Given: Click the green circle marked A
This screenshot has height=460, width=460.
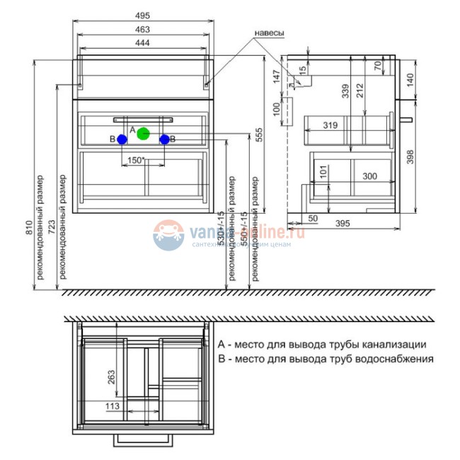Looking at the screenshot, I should (x=144, y=132).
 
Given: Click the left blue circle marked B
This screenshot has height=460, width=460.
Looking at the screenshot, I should (x=122, y=139).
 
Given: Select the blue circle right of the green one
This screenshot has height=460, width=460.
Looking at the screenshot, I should (x=164, y=139).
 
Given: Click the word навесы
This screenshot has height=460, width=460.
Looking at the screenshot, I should (x=269, y=33).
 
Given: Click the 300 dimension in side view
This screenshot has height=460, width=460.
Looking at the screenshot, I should (x=369, y=175).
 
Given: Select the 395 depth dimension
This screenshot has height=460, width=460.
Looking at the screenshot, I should (x=343, y=224).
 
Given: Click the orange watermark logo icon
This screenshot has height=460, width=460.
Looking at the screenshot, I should (x=168, y=236).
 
